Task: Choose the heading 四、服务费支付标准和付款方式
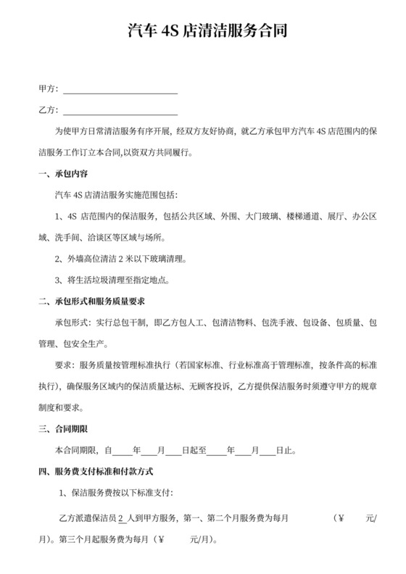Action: pos(96,471)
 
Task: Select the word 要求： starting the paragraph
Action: pos(64,365)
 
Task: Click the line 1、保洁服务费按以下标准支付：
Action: pos(115,494)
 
